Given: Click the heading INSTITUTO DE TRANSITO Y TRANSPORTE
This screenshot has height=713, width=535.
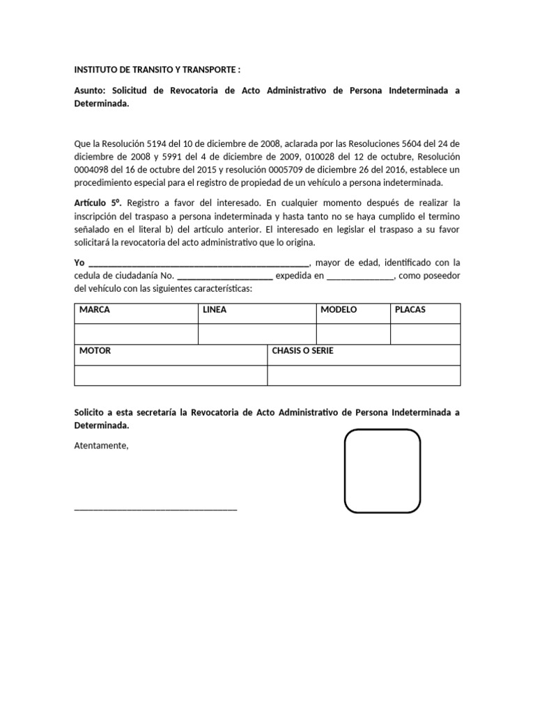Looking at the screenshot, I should [157, 70].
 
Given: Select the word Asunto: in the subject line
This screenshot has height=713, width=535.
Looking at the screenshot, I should [91, 91].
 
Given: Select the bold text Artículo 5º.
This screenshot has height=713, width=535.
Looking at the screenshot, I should [98, 203].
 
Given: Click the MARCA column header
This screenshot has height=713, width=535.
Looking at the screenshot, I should [95, 310].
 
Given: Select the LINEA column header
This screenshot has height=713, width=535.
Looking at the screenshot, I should [215, 310].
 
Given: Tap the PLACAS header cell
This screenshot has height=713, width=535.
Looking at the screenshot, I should [410, 310].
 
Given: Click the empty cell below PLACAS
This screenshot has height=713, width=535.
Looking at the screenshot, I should [425, 334].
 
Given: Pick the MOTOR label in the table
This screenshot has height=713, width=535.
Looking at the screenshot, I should [95, 351].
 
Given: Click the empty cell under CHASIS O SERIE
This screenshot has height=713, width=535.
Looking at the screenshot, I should [364, 375].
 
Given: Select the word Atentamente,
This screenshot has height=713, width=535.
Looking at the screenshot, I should [102, 446].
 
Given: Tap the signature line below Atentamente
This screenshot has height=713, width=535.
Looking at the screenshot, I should [155, 510].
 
